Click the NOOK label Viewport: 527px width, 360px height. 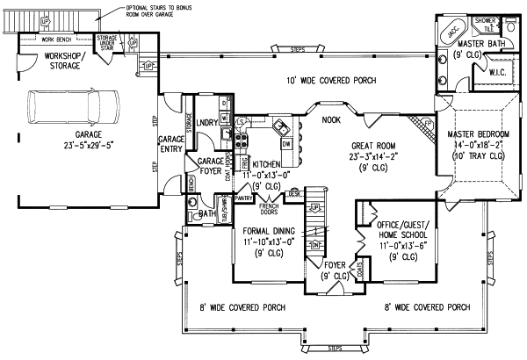point(331,120)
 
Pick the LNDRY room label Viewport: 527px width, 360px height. point(207,123)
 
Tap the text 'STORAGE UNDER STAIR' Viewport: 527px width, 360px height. point(107,42)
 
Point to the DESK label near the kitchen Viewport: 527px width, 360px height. point(296,192)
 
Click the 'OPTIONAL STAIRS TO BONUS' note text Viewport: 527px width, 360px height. point(144,7)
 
